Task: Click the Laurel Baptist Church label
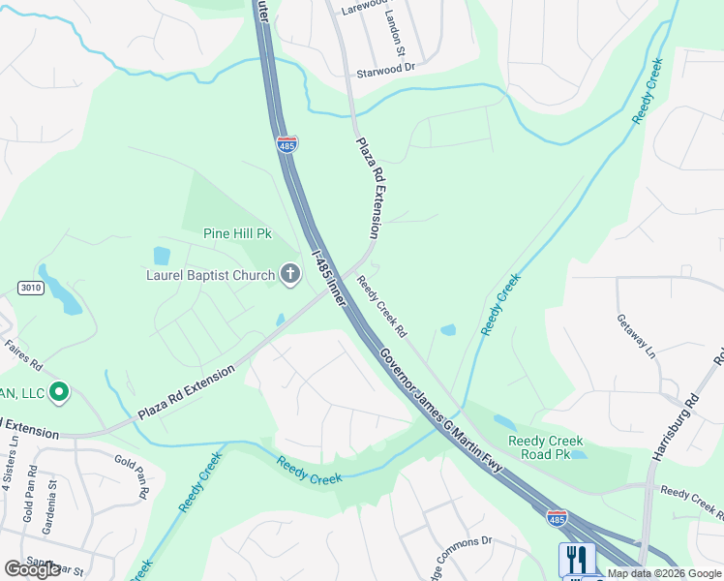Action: [x=198, y=275]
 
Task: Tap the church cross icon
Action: [x=289, y=275]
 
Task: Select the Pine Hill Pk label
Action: [x=238, y=233]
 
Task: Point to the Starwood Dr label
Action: [x=385, y=68]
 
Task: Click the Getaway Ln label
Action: [x=637, y=335]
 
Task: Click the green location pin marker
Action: [x=58, y=392]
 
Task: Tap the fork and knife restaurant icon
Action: [x=573, y=559]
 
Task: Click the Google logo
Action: [x=32, y=569]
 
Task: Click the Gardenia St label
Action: [x=48, y=505]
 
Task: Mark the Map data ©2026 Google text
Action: [x=664, y=573]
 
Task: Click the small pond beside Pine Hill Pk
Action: [x=162, y=256]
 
